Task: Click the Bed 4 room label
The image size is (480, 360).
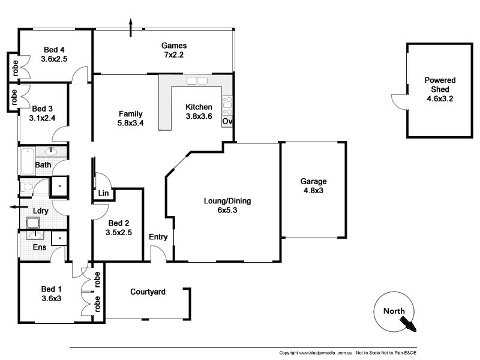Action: coord(55,55)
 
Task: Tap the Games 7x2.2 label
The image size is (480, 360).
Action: coord(174,50)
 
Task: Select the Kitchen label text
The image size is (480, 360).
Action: coord(199,112)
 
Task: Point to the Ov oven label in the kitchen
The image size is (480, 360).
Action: coord(227,121)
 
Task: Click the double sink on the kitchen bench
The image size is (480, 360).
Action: coord(196,81)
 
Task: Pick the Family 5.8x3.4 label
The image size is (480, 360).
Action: coord(130,118)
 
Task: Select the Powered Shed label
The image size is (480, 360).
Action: coord(439,89)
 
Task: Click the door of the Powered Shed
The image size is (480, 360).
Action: coord(398,102)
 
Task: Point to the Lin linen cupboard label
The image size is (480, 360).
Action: coord(103,194)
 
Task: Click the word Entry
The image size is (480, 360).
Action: coord(158,237)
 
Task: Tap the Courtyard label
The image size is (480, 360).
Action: coord(148,292)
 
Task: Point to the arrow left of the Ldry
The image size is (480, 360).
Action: coord(13,207)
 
